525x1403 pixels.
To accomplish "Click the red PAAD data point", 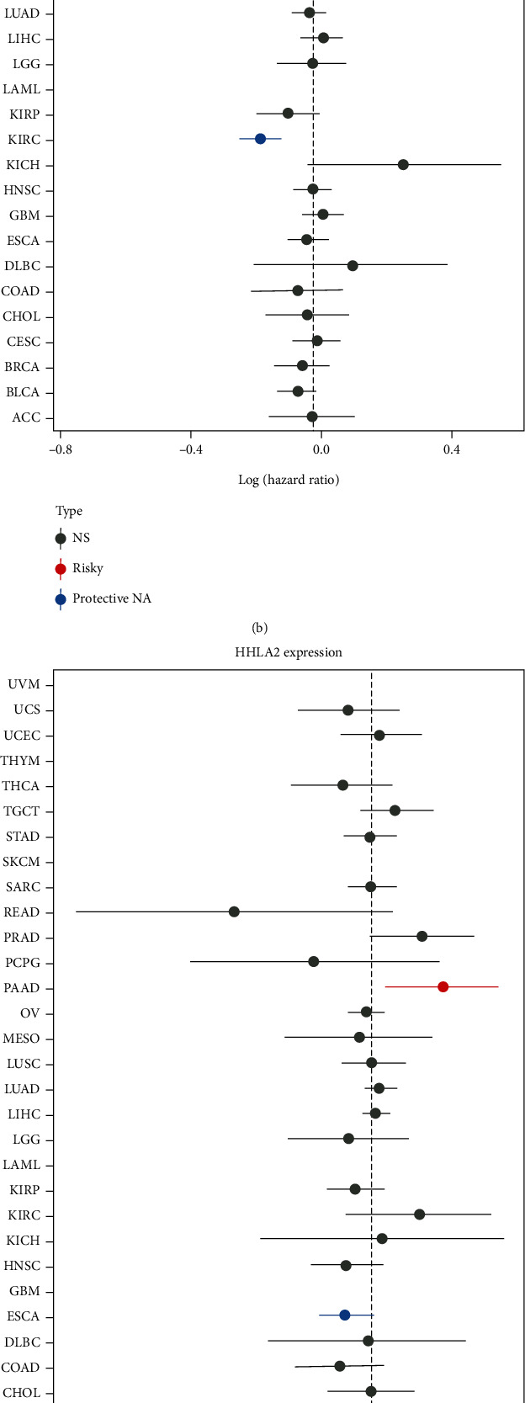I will [x=443, y=986].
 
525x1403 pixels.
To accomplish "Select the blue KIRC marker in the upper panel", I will [x=260, y=139].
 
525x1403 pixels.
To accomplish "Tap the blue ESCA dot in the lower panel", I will [x=344, y=1315].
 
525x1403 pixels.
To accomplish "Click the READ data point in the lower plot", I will [x=234, y=911].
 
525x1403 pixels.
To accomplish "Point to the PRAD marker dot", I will [x=422, y=936].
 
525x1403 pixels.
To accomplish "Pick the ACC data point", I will [x=312, y=417].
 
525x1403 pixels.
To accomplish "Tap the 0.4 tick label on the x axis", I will [x=451, y=449].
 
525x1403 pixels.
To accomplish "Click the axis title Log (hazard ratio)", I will [x=289, y=480].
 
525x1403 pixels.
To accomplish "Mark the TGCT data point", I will [x=395, y=810].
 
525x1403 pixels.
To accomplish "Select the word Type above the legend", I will [x=69, y=511].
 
